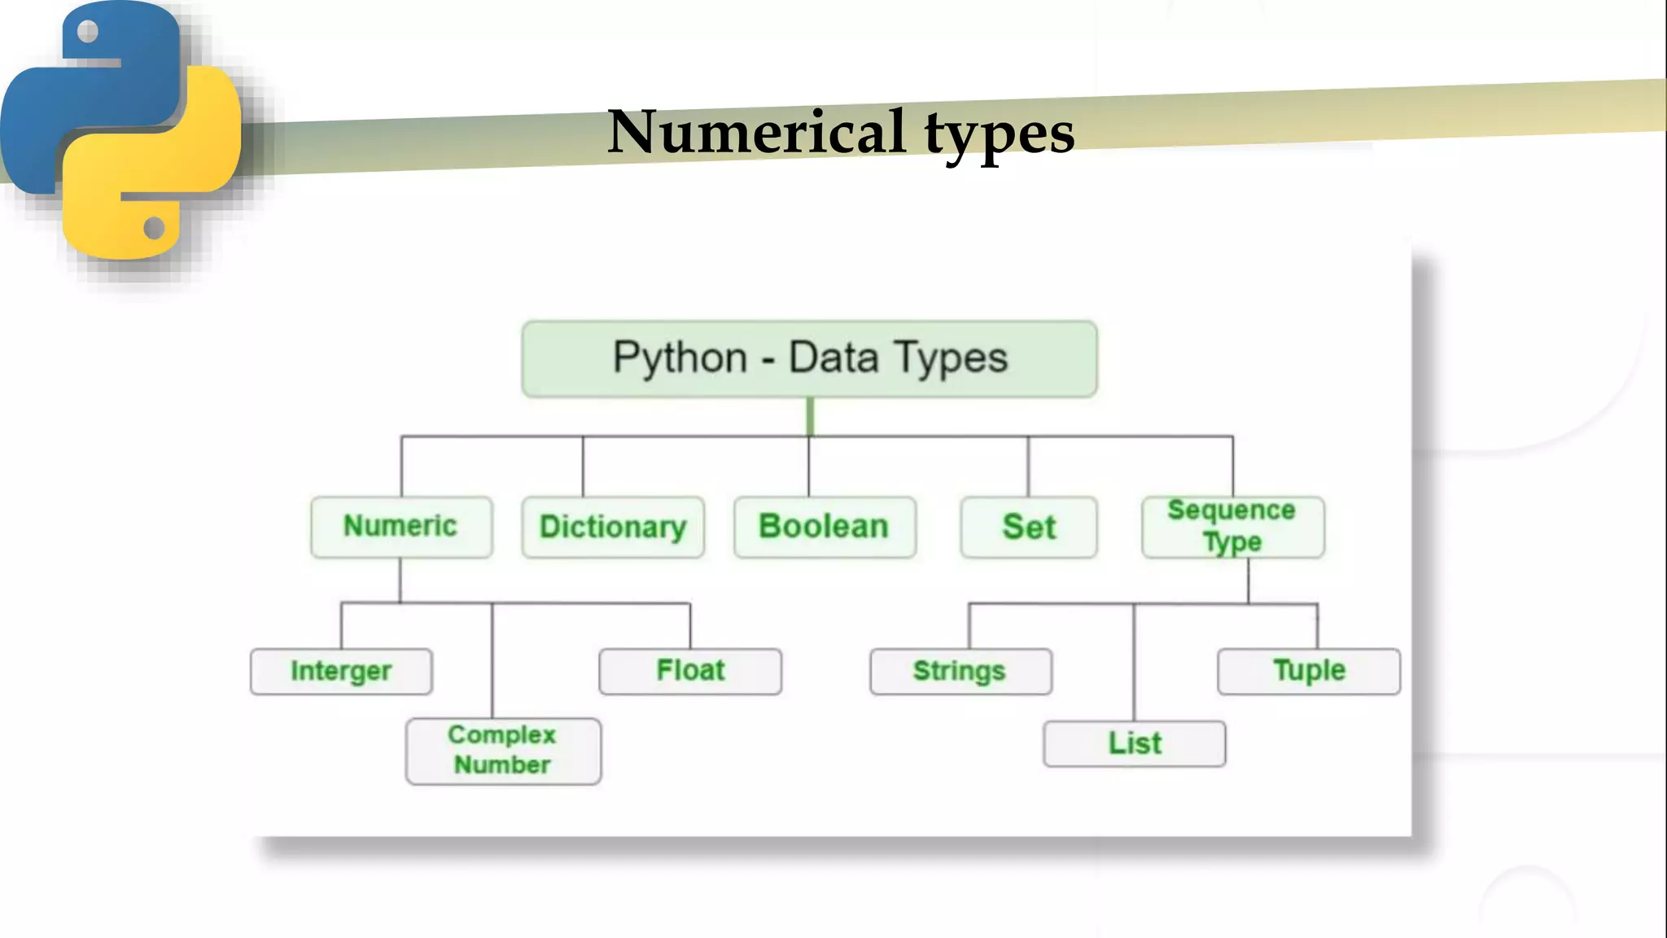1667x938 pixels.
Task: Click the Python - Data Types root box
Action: pyautogui.click(x=809, y=359)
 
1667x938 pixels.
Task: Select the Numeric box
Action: pyautogui.click(x=401, y=527)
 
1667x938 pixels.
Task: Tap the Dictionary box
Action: pyautogui.click(x=613, y=527)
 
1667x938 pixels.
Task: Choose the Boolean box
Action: pyautogui.click(x=825, y=527)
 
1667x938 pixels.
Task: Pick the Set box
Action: pyautogui.click(x=1029, y=527)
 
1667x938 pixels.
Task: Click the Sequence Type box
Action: pyautogui.click(x=1232, y=527)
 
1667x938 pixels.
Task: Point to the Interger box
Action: pyautogui.click(x=341, y=671)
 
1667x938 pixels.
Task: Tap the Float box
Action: pyautogui.click(x=690, y=671)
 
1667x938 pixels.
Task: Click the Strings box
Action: pyautogui.click(x=960, y=671)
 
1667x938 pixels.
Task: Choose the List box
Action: pyautogui.click(x=1134, y=743)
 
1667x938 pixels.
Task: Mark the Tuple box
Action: pyautogui.click(x=1309, y=671)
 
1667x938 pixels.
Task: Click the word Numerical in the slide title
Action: pyautogui.click(x=756, y=132)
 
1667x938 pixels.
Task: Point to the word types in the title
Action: pyautogui.click(x=1000, y=134)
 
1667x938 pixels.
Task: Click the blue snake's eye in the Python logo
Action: pyautogui.click(x=88, y=32)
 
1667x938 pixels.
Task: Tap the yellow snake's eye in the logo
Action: pyautogui.click(x=154, y=228)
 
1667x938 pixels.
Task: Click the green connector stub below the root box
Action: pyautogui.click(x=810, y=416)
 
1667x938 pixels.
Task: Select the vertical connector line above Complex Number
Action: pyautogui.click(x=492, y=660)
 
